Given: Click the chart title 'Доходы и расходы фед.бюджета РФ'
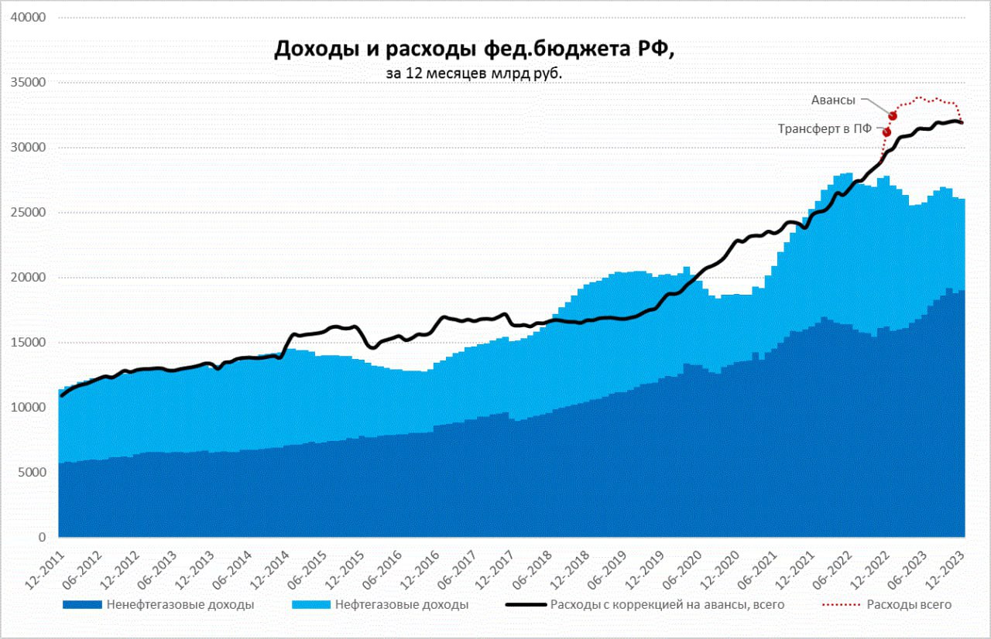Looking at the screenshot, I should click(475, 49).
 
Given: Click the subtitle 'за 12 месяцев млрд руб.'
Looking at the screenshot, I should click(475, 73).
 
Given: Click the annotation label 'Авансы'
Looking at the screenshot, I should click(833, 99).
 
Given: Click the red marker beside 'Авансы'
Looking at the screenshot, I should click(892, 115).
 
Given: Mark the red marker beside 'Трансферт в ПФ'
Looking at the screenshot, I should click(886, 132).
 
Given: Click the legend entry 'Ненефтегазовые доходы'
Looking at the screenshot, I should click(180, 604).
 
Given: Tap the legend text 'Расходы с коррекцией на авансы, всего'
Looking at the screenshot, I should click(667, 604).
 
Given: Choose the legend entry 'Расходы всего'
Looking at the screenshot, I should click(909, 604).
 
